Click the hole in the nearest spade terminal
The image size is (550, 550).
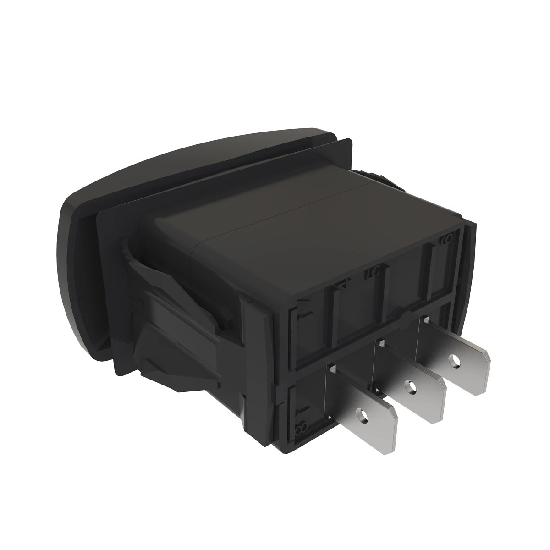365,416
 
